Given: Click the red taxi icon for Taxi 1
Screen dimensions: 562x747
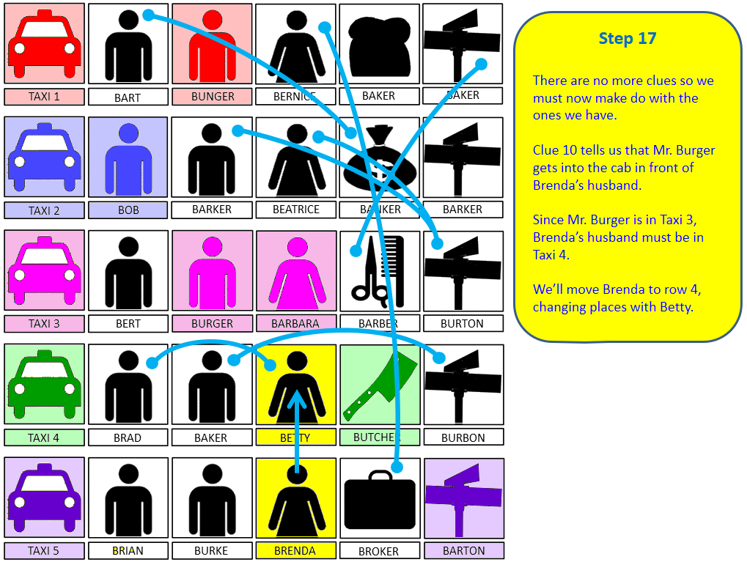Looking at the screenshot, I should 44,45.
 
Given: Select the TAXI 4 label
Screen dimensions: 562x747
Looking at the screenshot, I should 44,438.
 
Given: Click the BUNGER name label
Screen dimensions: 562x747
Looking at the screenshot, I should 213,97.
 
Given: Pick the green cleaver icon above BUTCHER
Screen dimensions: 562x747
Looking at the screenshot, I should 380,385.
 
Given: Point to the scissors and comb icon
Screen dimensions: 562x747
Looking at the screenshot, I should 380,271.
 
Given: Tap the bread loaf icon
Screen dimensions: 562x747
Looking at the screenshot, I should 379,45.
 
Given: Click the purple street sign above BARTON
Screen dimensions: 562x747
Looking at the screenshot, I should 464,498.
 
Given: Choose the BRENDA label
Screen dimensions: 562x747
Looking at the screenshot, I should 295,551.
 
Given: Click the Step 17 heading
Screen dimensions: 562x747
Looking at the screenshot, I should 628,39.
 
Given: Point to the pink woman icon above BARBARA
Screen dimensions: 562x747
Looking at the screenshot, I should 296,272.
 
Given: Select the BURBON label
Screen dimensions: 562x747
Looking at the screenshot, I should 463,438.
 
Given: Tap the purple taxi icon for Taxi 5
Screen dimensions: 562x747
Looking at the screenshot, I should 44,499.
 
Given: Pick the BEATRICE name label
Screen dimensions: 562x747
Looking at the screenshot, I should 296,210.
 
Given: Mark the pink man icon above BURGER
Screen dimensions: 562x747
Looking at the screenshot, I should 213,272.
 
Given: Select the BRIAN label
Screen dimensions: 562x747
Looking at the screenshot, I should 128,551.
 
